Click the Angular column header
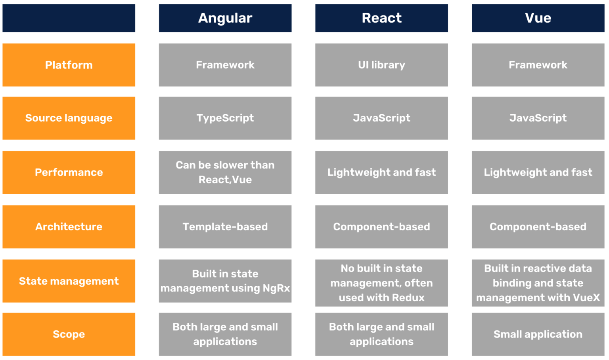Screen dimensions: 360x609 [225, 18]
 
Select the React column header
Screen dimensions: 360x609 [381, 18]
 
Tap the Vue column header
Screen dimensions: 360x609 [538, 18]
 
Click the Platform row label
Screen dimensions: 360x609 [69, 65]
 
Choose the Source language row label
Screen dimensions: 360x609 [69, 118]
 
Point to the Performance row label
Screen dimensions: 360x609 [69, 172]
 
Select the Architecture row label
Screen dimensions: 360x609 [69, 227]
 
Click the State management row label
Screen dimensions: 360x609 [69, 281]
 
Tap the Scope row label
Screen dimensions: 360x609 [69, 334]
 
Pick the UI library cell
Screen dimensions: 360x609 [381, 65]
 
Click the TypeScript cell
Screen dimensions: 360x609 [225, 118]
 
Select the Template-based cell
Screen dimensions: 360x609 [225, 227]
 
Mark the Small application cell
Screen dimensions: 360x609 [538, 334]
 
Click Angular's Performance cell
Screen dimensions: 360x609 [225, 172]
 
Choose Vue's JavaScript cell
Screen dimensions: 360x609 [538, 118]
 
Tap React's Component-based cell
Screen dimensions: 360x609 [381, 227]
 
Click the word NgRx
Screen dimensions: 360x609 [276, 288]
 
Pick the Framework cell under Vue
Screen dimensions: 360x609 [538, 65]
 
